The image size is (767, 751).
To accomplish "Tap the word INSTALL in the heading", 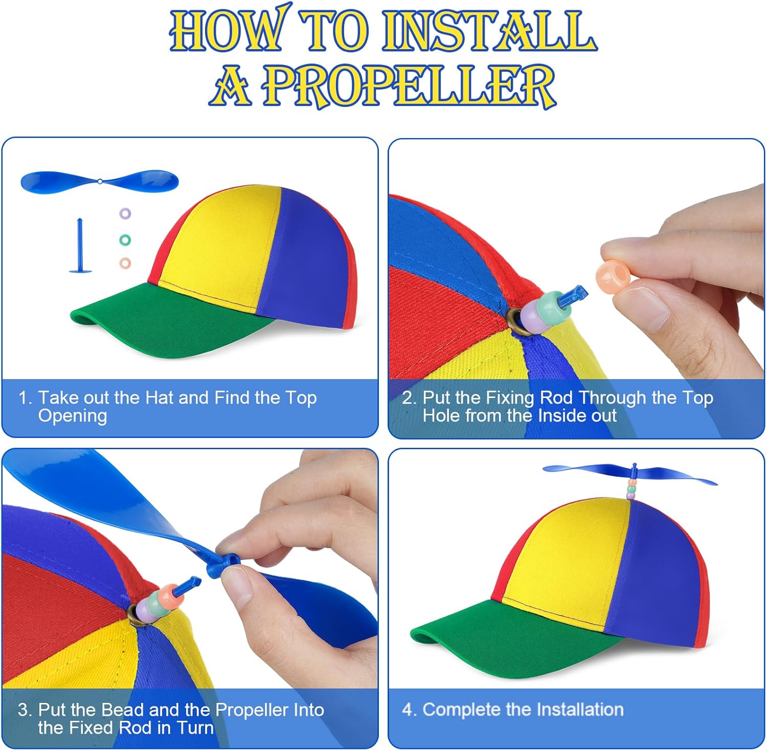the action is [489, 30].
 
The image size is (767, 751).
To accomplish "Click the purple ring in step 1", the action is [125, 213].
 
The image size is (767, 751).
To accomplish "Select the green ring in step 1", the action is [125, 239].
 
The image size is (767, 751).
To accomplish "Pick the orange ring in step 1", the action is [125, 263].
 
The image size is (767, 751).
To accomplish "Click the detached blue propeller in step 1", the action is [100, 182].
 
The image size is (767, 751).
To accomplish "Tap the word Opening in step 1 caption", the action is [73, 416].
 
